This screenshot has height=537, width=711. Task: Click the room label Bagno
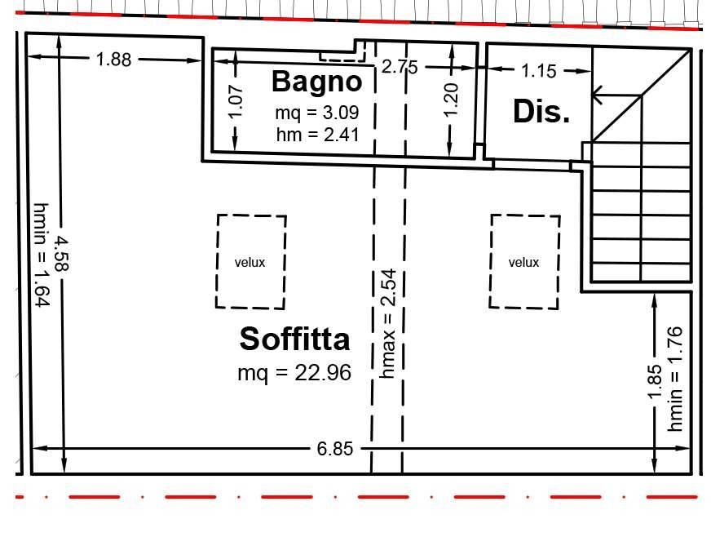[x=316, y=82]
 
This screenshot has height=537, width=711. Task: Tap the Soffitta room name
[x=294, y=338]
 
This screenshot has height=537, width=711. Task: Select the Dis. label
[x=541, y=112]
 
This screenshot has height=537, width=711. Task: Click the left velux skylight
[x=251, y=262]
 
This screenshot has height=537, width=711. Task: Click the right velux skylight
[x=524, y=262]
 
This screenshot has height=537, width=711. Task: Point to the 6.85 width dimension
[x=334, y=449]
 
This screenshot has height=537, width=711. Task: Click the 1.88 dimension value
[x=113, y=59]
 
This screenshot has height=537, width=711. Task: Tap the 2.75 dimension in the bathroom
[x=400, y=67]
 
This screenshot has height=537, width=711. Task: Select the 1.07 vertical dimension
[x=236, y=102]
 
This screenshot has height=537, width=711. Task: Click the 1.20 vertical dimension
[x=452, y=99]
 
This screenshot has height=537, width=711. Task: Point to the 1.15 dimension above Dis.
[x=539, y=71]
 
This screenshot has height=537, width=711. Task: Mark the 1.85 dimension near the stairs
[x=656, y=382]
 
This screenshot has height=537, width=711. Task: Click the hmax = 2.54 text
[x=388, y=324]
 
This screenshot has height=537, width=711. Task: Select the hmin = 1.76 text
[x=677, y=379]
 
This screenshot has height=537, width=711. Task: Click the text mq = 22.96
[x=294, y=373]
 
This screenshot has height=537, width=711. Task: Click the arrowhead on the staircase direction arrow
[x=597, y=95]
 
